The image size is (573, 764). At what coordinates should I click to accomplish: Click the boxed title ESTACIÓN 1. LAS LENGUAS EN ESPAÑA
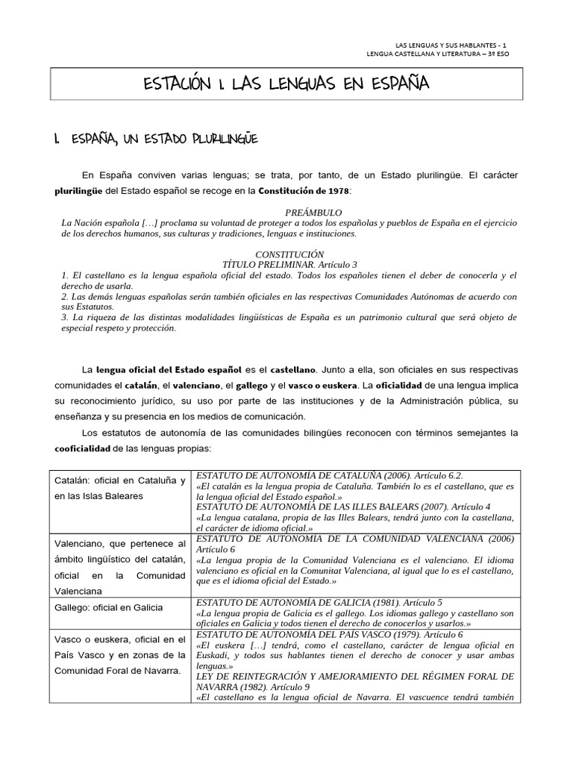coord(286,84)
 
